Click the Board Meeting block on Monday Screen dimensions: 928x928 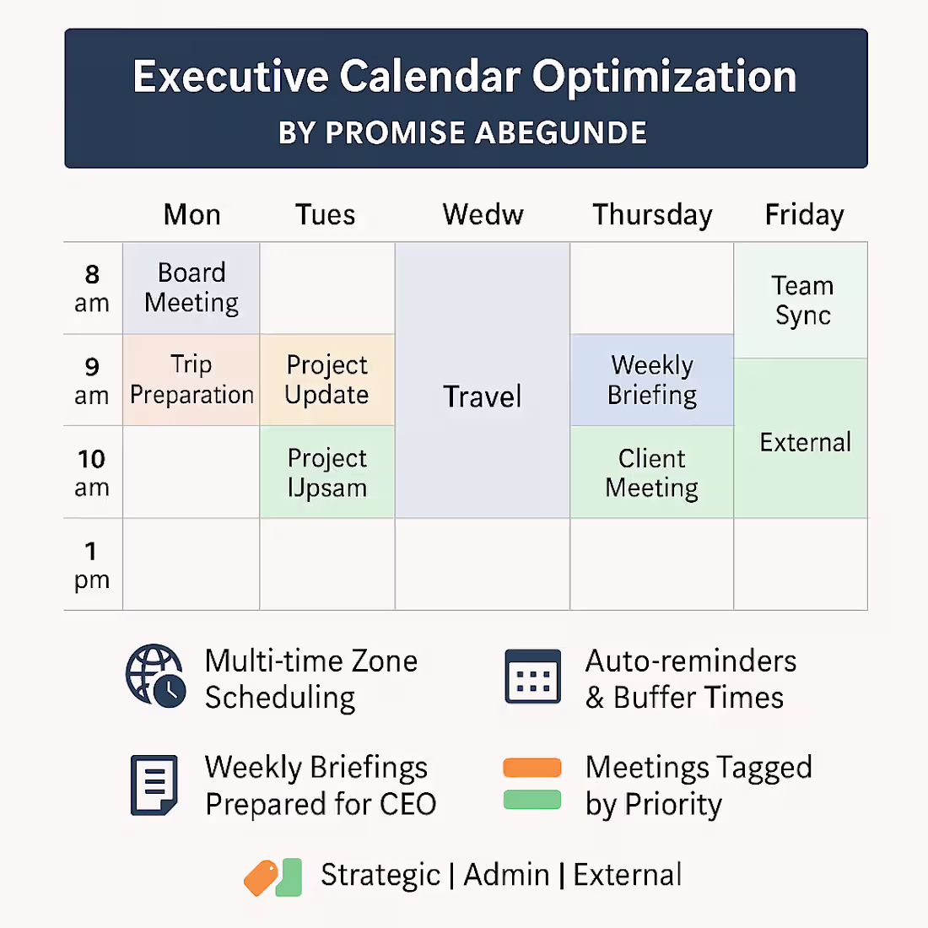[192, 288]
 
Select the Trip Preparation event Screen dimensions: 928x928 [192, 380]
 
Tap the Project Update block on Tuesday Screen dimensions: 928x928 [326, 380]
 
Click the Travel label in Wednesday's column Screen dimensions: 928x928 [483, 397]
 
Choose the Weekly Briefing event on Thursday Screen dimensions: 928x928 [652, 380]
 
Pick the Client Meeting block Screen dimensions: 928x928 [652, 472]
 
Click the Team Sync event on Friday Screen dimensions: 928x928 [802, 300]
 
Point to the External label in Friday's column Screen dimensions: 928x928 [805, 442]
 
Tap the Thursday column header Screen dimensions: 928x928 [652, 215]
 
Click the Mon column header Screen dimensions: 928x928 [192, 214]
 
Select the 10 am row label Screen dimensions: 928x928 [92, 472]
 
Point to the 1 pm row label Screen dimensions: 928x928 [92, 564]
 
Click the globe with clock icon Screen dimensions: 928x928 [155, 675]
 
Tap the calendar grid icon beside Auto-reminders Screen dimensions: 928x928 [532, 677]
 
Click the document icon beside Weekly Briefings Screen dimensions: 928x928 [154, 785]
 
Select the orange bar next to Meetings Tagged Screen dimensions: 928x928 [532, 768]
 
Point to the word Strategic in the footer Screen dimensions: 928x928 [380, 876]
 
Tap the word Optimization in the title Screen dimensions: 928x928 [664, 77]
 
